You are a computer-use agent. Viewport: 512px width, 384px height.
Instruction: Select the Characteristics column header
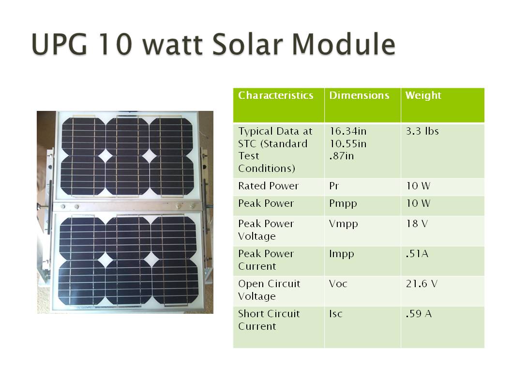[x=275, y=95]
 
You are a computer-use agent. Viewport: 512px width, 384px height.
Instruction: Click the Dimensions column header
[x=359, y=95]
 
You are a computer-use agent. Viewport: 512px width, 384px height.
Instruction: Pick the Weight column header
[x=423, y=95]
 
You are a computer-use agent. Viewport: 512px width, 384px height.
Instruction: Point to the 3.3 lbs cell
[x=422, y=131]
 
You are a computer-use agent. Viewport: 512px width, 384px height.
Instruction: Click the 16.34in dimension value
[x=348, y=131]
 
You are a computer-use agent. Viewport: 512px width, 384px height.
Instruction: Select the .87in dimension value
[x=342, y=156]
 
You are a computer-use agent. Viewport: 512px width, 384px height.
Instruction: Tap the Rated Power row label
[x=269, y=185]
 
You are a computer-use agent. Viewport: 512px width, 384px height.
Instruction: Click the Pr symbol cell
[x=334, y=185]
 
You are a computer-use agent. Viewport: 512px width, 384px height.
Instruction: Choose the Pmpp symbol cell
[x=343, y=204]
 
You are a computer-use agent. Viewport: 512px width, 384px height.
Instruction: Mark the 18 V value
[x=417, y=224]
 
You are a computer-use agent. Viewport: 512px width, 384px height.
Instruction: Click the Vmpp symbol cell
[x=344, y=224]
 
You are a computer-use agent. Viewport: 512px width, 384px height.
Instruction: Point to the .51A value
[x=417, y=254]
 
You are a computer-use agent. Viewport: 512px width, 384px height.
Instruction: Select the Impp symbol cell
[x=342, y=254]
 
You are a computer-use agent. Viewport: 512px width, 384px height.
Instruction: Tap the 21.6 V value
[x=422, y=284]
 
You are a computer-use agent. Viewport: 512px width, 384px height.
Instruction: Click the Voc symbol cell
[x=338, y=284]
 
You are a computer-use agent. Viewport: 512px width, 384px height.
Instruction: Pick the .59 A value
[x=419, y=314]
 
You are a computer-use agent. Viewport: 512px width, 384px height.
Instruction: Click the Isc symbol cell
[x=336, y=314]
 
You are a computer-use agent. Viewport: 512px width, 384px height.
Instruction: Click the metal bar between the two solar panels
[x=127, y=207]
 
